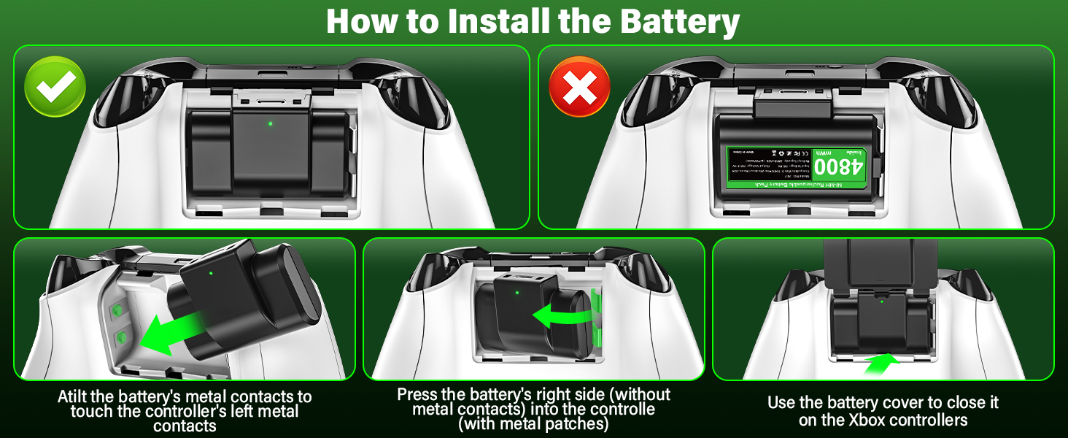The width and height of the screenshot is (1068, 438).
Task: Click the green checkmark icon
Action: tap(55, 88)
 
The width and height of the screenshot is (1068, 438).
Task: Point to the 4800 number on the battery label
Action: tap(839, 168)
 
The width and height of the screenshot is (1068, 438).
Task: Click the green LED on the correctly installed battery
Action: tap(270, 123)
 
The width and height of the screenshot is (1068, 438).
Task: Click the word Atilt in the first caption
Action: tap(76, 397)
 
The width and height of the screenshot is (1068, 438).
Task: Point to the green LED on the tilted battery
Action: tap(211, 274)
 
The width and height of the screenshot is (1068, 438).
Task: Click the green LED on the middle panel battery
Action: tap(516, 294)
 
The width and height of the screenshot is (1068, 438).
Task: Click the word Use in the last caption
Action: tap(783, 403)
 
